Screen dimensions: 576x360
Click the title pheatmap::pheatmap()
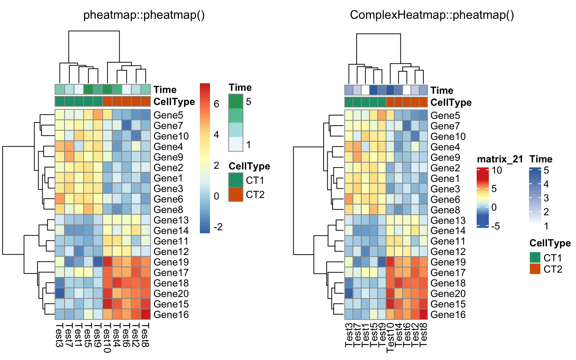pyautogui.click(x=144, y=15)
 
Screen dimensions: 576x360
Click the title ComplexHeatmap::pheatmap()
pyautogui.click(x=432, y=15)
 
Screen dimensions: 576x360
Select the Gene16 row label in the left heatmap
pyautogui.click(x=171, y=315)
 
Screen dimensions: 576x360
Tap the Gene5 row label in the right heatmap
pyautogui.click(x=445, y=115)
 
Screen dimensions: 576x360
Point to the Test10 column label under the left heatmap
pyautogui.click(x=107, y=338)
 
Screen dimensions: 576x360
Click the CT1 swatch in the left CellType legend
pyautogui.click(x=236, y=180)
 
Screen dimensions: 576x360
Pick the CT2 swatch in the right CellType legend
pyautogui.click(x=535, y=269)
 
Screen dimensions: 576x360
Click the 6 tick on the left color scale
pyautogui.click(x=216, y=104)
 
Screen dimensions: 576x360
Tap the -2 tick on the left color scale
pyautogui.click(x=218, y=227)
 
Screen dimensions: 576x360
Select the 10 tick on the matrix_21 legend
pyautogui.click(x=497, y=170)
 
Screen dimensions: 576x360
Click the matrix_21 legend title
pyautogui.click(x=500, y=159)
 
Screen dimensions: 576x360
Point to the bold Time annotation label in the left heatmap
pyautogui.click(x=165, y=90)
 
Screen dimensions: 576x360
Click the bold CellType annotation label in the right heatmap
pyautogui.click(x=451, y=102)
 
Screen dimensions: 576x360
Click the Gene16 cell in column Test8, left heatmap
pyautogui.click(x=145, y=315)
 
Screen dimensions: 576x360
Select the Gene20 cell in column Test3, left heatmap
pyautogui.click(x=60, y=293)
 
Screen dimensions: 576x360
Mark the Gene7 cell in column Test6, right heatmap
pyautogui.click(x=407, y=126)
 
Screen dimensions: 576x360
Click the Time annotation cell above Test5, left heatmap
pyautogui.click(x=88, y=89)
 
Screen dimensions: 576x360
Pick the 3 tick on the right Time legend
pyautogui.click(x=546, y=198)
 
